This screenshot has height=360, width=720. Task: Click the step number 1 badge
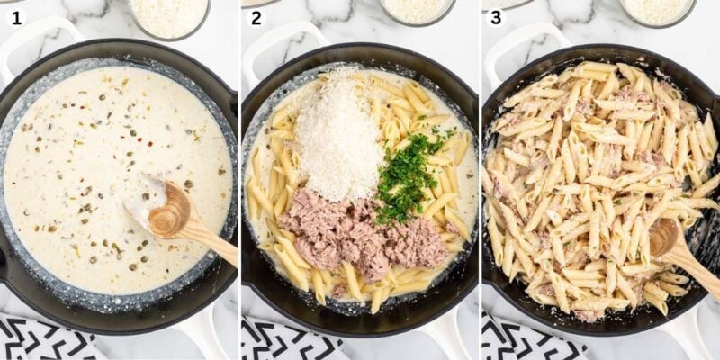click(x=16, y=17)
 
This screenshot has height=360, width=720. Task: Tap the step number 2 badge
click(x=256, y=17)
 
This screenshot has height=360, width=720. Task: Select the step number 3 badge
click(x=496, y=17)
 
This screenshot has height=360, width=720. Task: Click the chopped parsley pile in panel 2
click(x=407, y=175)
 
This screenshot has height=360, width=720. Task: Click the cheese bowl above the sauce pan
click(x=170, y=15)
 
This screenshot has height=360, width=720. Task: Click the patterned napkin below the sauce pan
click(x=40, y=339)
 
